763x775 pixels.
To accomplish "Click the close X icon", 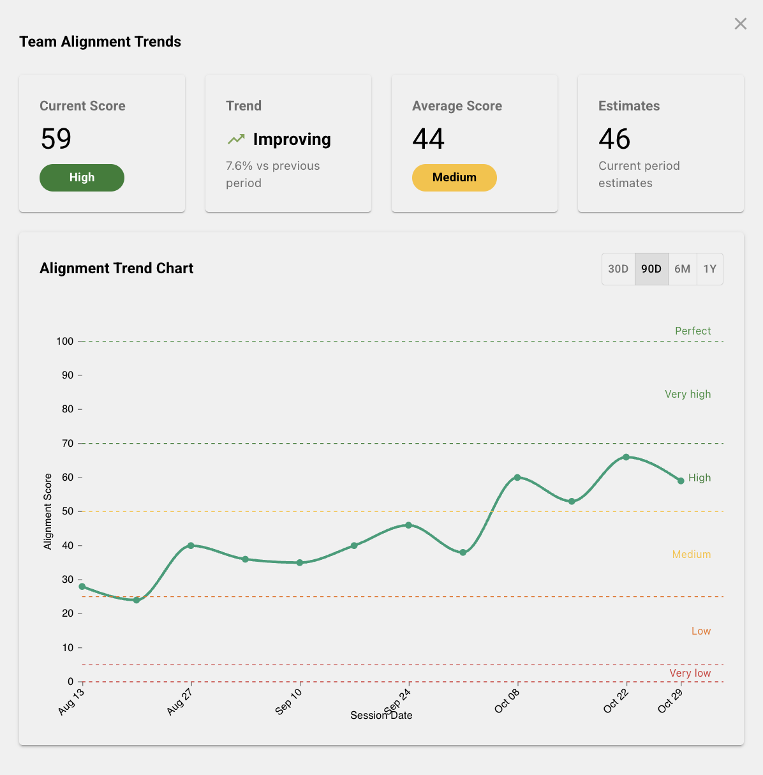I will [740, 24].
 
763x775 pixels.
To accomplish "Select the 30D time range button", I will [618, 269].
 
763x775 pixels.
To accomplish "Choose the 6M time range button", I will [682, 269].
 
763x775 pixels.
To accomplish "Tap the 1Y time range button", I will [709, 269].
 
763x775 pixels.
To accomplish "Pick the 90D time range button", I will [651, 269].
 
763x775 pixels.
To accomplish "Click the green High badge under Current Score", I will [82, 177].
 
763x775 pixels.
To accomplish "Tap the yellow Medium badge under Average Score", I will [454, 177].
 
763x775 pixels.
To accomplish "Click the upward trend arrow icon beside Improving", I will [236, 139].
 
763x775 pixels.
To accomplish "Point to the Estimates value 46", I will [614, 139].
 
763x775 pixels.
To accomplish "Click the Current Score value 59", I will [56, 139].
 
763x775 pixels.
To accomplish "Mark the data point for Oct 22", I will [626, 457].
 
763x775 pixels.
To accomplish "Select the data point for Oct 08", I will [517, 478].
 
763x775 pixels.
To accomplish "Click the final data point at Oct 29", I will [681, 481].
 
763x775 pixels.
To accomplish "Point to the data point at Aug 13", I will [82, 586].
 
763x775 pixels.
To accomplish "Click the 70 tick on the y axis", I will [68, 443].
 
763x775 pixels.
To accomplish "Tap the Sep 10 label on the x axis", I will [289, 701].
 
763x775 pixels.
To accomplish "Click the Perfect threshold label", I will [693, 331].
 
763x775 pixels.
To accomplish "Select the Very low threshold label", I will [690, 673].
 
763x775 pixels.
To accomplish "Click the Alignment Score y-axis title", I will [48, 511].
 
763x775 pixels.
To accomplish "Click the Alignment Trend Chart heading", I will [116, 268].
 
